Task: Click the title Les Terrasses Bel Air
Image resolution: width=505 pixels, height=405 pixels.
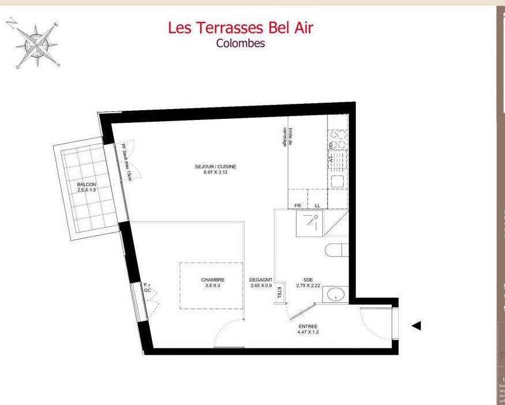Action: [x=240, y=27]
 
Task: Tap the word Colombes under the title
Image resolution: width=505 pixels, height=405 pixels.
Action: [x=240, y=43]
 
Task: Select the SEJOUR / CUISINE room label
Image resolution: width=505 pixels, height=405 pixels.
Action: [x=216, y=167]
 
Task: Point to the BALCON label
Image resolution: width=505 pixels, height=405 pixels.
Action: [x=87, y=185]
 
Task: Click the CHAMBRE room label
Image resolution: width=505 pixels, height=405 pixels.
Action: [x=213, y=280]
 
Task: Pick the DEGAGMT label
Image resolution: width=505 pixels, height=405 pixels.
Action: [x=261, y=280]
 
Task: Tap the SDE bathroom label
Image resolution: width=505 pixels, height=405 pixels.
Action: [x=308, y=280]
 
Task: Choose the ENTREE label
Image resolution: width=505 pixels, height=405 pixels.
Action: [x=308, y=327]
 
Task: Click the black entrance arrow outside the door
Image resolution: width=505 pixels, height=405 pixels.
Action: [x=415, y=326]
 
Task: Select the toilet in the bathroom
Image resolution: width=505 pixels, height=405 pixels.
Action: [x=337, y=250]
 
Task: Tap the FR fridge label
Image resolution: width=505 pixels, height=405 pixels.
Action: [x=298, y=205]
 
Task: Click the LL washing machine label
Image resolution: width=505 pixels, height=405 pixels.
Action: [x=317, y=205]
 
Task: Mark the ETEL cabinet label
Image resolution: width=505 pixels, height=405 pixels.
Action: [x=281, y=292]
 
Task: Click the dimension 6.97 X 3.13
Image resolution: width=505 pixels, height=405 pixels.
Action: [x=216, y=172]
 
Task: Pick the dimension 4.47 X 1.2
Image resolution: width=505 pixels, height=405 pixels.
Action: [x=308, y=332]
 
